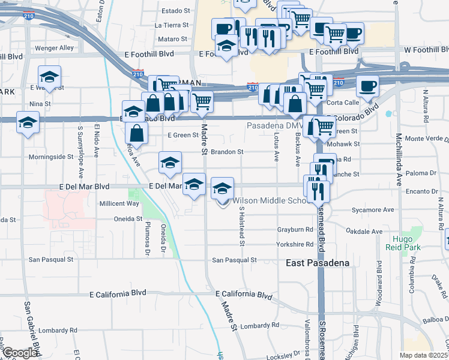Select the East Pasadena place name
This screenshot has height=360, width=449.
[x=309, y=263]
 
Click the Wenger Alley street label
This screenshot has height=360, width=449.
[x=54, y=48]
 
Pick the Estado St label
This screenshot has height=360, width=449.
[x=175, y=10]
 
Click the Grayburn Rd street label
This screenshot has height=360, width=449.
[x=295, y=229]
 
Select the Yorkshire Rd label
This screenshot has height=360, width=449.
[x=295, y=244]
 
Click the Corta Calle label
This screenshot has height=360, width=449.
[x=343, y=102]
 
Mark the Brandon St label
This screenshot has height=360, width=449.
[x=226, y=152]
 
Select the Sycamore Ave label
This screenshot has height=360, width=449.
[x=373, y=210]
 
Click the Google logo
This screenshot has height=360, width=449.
[x=20, y=353]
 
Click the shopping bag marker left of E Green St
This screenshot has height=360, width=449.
[x=137, y=133]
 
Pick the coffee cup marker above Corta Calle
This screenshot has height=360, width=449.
[x=367, y=85]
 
